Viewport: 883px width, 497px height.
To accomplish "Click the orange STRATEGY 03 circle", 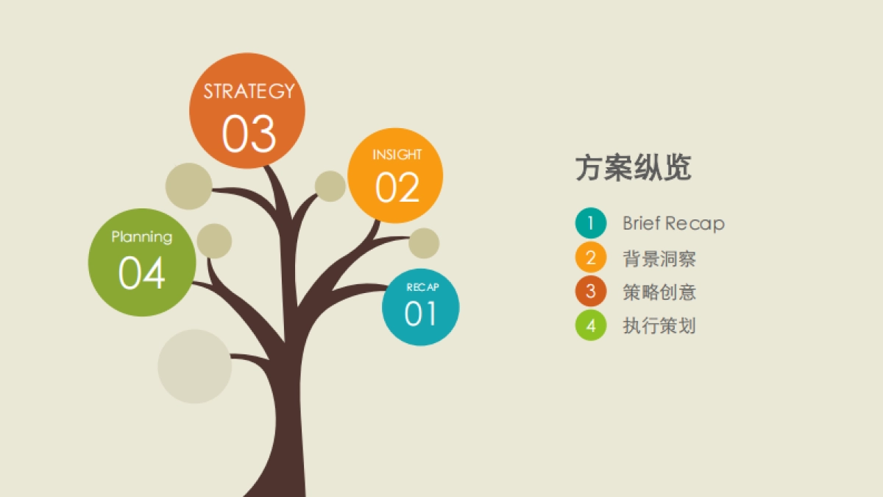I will pyautogui.click(x=247, y=110).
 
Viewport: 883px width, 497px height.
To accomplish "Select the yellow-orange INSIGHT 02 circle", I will pyautogui.click(x=395, y=176).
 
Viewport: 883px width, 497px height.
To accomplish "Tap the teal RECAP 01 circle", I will pyautogui.click(x=420, y=306).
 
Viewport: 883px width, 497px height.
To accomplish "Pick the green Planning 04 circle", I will pyautogui.click(x=142, y=263).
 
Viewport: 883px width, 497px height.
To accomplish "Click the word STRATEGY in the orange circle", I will pyautogui.click(x=249, y=91).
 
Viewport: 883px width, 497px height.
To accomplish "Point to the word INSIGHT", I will pyautogui.click(x=397, y=155).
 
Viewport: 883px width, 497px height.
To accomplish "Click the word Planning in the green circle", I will pyautogui.click(x=142, y=237).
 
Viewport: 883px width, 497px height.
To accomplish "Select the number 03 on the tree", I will pyautogui.click(x=249, y=134).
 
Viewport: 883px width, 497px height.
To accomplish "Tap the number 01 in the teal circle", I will pyautogui.click(x=420, y=314).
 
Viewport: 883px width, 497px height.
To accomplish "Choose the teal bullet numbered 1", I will pyautogui.click(x=591, y=223).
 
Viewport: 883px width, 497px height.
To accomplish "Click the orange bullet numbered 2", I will pyautogui.click(x=591, y=258).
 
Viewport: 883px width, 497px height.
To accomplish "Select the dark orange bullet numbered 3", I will pyautogui.click(x=591, y=292).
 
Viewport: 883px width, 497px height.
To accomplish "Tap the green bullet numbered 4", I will pyautogui.click(x=591, y=325).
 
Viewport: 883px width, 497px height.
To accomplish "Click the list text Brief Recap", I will pyautogui.click(x=673, y=223).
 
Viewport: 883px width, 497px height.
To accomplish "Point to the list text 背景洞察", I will pyautogui.click(x=659, y=258).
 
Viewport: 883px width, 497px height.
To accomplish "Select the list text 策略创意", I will pyautogui.click(x=659, y=292).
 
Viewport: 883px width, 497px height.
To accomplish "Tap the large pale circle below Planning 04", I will pyautogui.click(x=194, y=366).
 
